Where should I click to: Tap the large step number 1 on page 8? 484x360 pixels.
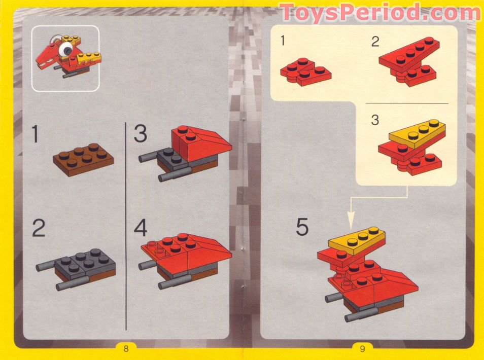point(36,135)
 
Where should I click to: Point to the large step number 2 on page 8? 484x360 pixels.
point(39,229)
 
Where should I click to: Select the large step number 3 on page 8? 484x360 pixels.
point(141,135)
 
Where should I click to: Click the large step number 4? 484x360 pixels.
point(141,229)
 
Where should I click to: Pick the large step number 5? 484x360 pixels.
point(302,228)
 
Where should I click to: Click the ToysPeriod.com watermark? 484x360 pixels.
point(380,13)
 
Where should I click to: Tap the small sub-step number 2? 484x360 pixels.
point(375,42)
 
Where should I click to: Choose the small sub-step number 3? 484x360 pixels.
point(375,121)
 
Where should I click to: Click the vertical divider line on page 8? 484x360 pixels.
point(126,223)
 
